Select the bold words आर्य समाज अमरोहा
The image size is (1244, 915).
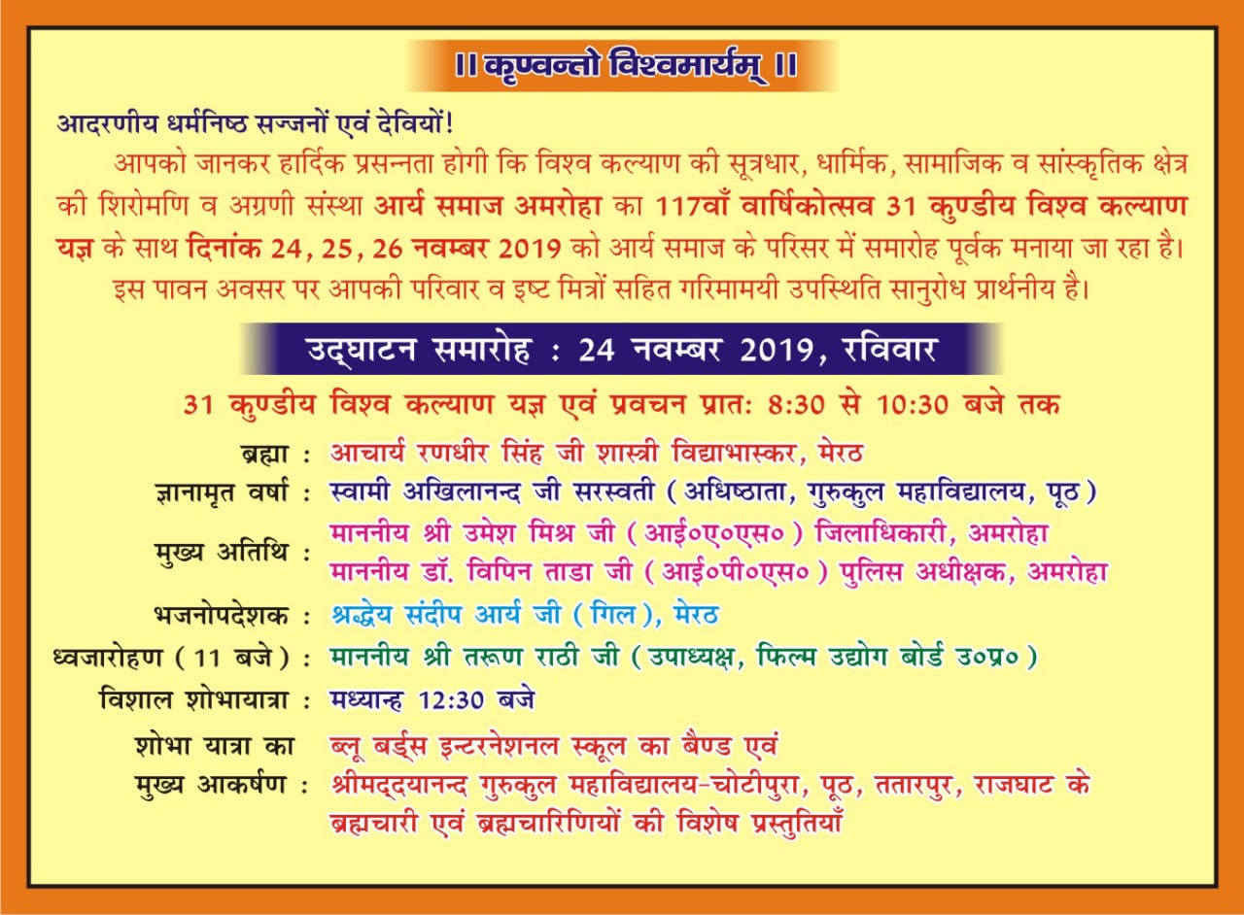[x=488, y=207]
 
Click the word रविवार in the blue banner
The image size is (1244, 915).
[x=889, y=350]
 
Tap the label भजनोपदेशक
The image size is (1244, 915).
[x=221, y=616]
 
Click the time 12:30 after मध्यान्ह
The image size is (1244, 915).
[x=451, y=700]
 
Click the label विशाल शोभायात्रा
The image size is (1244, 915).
[x=193, y=700]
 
